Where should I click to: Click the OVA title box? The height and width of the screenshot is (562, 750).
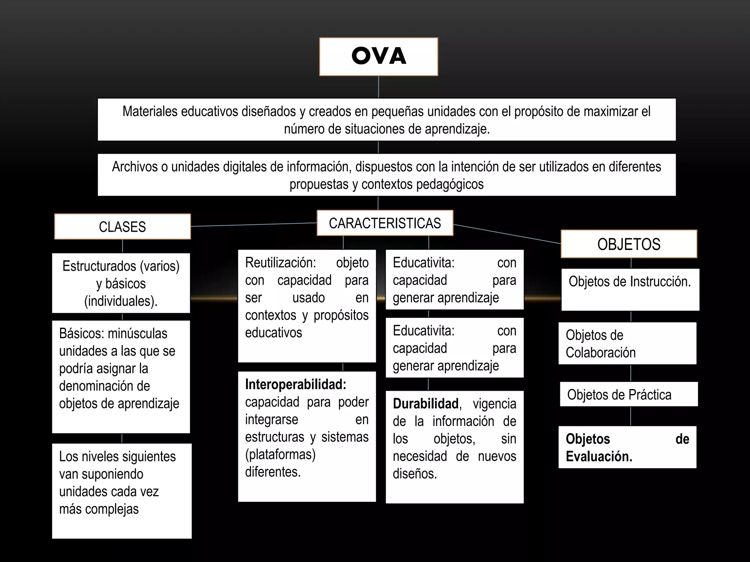point(378,57)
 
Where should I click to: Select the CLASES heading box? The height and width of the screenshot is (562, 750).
point(122,227)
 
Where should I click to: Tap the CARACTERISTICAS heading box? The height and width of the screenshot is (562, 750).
point(385,223)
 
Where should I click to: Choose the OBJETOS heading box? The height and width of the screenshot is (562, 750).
point(629,244)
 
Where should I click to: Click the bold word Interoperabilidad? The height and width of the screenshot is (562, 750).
point(296,385)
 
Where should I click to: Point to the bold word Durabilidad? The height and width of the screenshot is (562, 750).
point(426,404)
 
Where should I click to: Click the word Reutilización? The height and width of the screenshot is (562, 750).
point(280,263)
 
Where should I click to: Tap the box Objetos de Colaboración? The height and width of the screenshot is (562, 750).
point(627,344)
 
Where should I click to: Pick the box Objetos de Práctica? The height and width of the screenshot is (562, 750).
point(628,394)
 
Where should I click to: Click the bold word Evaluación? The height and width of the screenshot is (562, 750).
point(599,457)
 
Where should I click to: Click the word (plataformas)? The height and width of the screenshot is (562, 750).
point(280,454)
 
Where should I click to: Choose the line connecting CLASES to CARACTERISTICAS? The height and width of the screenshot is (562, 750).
point(253,225)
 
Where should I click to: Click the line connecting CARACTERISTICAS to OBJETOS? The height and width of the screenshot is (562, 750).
point(507,234)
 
